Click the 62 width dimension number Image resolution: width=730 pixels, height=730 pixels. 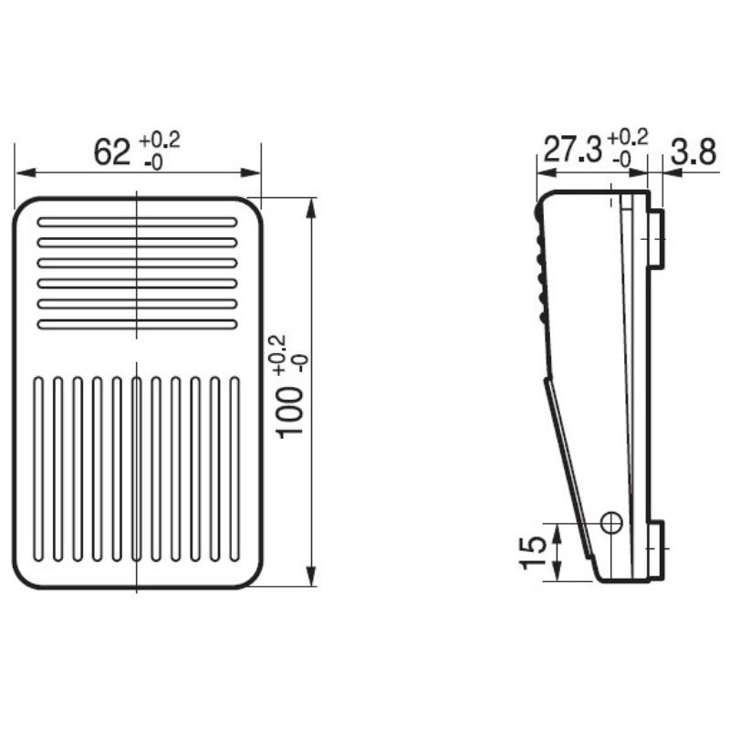(x=112, y=151)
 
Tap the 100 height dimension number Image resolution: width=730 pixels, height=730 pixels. (x=290, y=411)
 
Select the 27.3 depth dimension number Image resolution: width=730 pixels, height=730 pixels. (x=572, y=151)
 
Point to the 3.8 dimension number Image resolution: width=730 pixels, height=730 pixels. (x=693, y=151)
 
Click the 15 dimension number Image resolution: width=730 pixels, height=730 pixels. (x=534, y=552)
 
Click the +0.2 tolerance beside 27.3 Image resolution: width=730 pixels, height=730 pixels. (x=627, y=137)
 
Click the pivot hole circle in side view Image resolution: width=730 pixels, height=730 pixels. (x=611, y=522)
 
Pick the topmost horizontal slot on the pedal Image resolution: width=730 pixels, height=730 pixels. (x=137, y=222)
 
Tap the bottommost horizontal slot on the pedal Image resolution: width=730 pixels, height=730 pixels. (x=137, y=324)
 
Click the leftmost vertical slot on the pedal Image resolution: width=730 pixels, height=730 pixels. (x=38, y=468)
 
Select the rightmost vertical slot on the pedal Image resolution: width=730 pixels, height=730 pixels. (x=235, y=468)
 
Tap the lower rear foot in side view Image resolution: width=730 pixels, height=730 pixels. (x=656, y=549)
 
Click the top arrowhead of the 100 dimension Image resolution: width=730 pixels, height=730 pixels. (x=312, y=205)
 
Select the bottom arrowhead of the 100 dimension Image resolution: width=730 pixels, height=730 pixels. (x=312, y=580)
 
